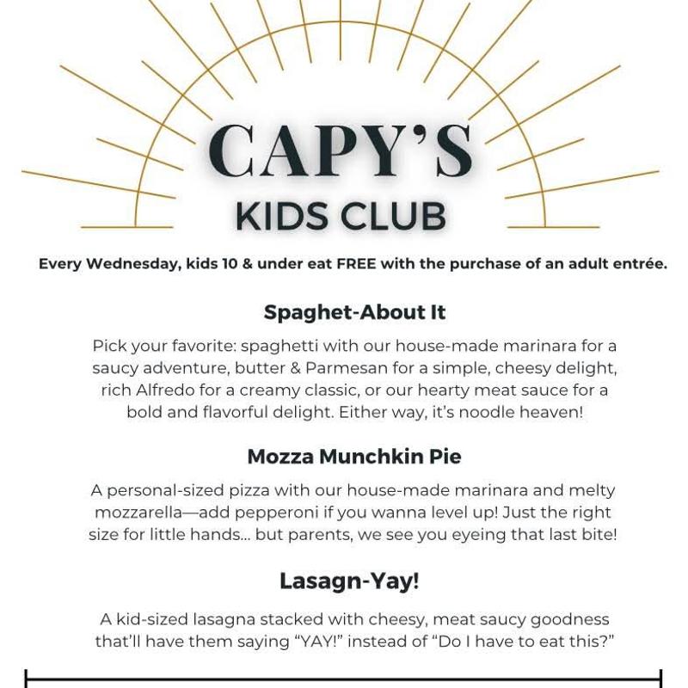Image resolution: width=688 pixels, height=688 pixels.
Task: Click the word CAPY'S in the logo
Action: coord(341,152)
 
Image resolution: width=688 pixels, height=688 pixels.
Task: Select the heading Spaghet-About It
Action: coord(354,312)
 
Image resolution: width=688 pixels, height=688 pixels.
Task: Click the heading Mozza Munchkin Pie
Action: coord(354,457)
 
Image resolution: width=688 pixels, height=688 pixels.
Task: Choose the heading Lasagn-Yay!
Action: coord(349,581)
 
